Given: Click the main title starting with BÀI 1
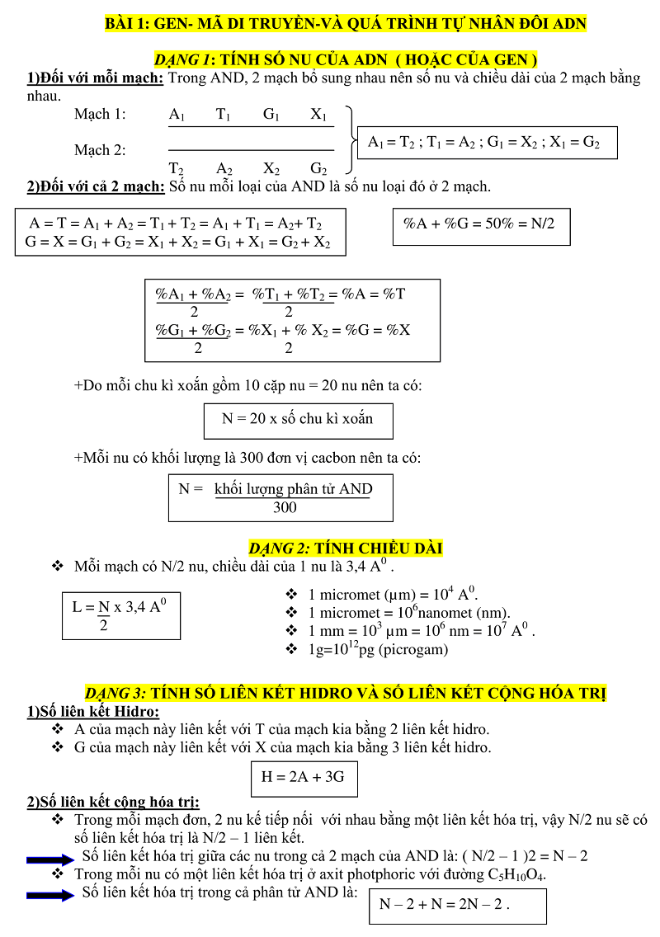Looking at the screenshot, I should point(346,24).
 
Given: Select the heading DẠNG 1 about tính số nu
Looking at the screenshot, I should point(346,59).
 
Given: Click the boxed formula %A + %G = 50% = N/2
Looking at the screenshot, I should point(481,224).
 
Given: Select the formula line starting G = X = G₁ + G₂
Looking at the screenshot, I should point(178,242).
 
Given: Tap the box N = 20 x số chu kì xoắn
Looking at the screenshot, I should point(298,419).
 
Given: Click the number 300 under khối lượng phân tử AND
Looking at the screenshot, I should point(285,507).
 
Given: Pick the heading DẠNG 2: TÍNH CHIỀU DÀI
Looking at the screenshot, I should point(346,549).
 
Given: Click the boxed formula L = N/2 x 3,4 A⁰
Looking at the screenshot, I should point(121,614).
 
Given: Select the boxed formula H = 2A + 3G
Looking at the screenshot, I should point(304,777).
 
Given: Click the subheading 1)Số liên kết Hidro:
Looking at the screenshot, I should point(93,712).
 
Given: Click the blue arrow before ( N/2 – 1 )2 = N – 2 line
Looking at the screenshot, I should point(50,859).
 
